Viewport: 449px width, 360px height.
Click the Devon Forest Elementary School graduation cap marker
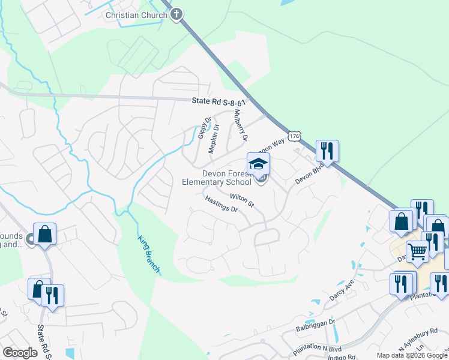(258, 164)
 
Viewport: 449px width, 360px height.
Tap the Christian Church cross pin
(176, 14)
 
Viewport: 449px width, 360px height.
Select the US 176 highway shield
(294, 137)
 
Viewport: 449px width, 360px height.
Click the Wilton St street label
(243, 200)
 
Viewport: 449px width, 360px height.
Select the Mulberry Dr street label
(241, 125)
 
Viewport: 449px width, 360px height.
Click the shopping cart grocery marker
(417, 251)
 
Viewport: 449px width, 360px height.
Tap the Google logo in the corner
(19, 353)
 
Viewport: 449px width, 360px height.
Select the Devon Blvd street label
(309, 175)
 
